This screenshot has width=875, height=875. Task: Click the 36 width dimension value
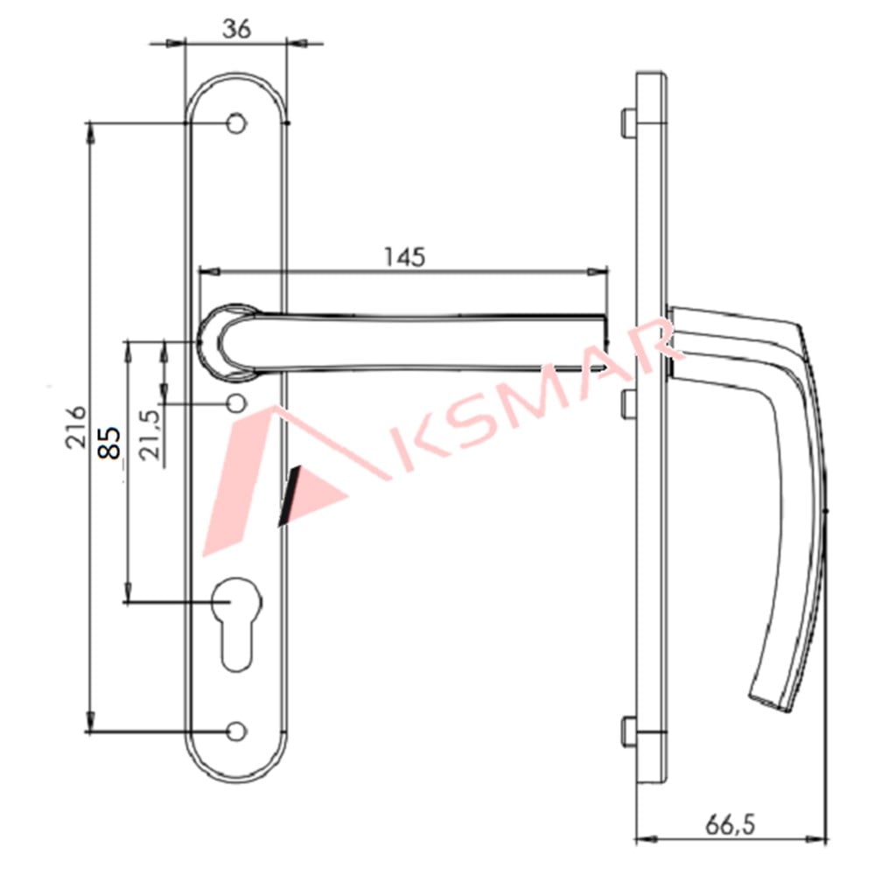(x=236, y=28)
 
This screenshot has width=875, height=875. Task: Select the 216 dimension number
(x=78, y=426)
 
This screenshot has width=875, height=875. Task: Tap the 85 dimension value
(x=108, y=443)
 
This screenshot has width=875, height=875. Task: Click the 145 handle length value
(x=403, y=256)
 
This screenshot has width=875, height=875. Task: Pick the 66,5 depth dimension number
(x=731, y=824)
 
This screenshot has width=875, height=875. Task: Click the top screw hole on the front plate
(x=235, y=124)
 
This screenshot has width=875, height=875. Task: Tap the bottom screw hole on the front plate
(x=235, y=731)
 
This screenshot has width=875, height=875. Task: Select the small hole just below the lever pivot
(x=235, y=403)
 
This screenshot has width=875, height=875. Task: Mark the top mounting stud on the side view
(x=627, y=123)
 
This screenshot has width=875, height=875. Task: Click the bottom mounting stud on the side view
(x=627, y=731)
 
